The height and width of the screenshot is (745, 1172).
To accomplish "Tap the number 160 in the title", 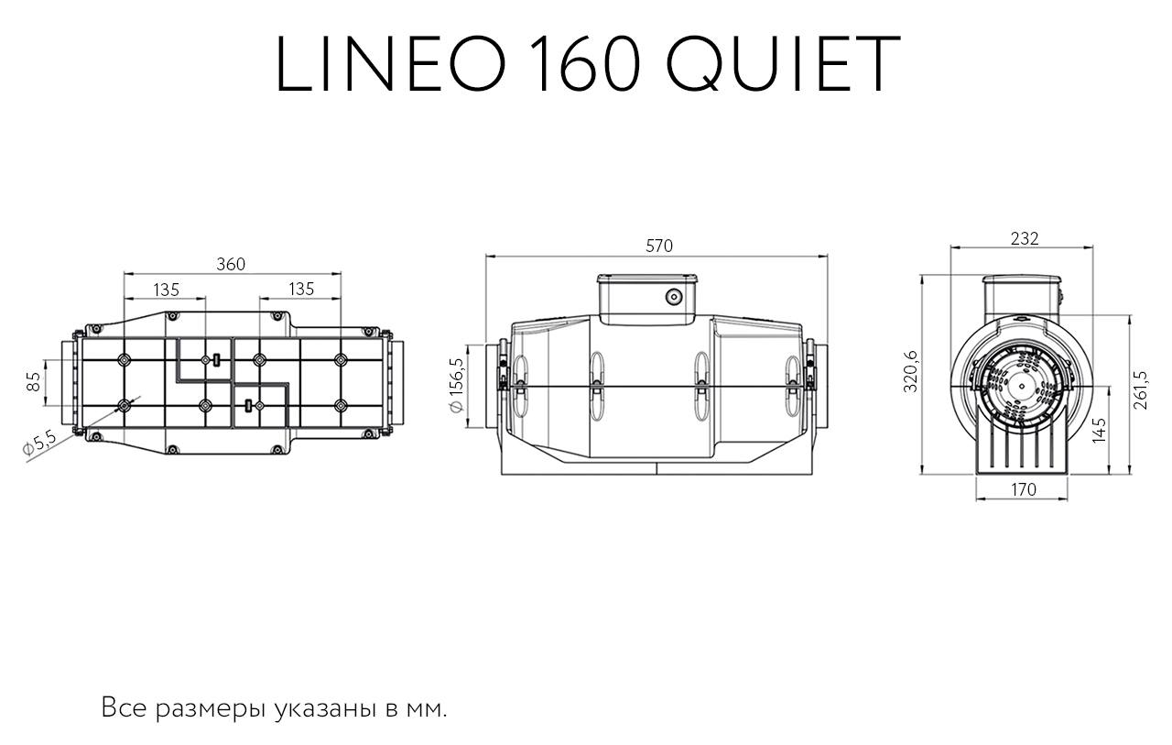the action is [x=586, y=64].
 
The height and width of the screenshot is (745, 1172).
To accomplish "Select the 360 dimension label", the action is [x=231, y=265].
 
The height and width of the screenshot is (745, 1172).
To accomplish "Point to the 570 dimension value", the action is [x=658, y=246].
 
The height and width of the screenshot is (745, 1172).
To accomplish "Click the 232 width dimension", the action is [x=1024, y=239].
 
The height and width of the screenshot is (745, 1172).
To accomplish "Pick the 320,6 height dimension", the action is [x=911, y=371].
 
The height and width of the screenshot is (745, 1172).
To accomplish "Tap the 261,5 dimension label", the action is [x=1140, y=390].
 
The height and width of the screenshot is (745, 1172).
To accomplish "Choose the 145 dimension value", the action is [x=1100, y=431].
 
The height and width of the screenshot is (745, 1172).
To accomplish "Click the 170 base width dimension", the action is [x=1024, y=489].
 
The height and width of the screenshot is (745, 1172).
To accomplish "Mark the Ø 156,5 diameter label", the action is [x=456, y=385].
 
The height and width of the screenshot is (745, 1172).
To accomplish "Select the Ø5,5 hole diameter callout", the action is [x=38, y=443].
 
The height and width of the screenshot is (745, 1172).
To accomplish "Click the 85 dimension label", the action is [x=33, y=381].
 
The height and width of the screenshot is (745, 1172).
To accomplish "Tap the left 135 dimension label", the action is [x=167, y=290].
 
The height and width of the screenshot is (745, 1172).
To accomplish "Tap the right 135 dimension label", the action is [x=301, y=289].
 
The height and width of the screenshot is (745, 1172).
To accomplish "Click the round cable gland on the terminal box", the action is [x=674, y=298].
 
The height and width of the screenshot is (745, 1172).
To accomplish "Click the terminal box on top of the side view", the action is [x=647, y=299].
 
